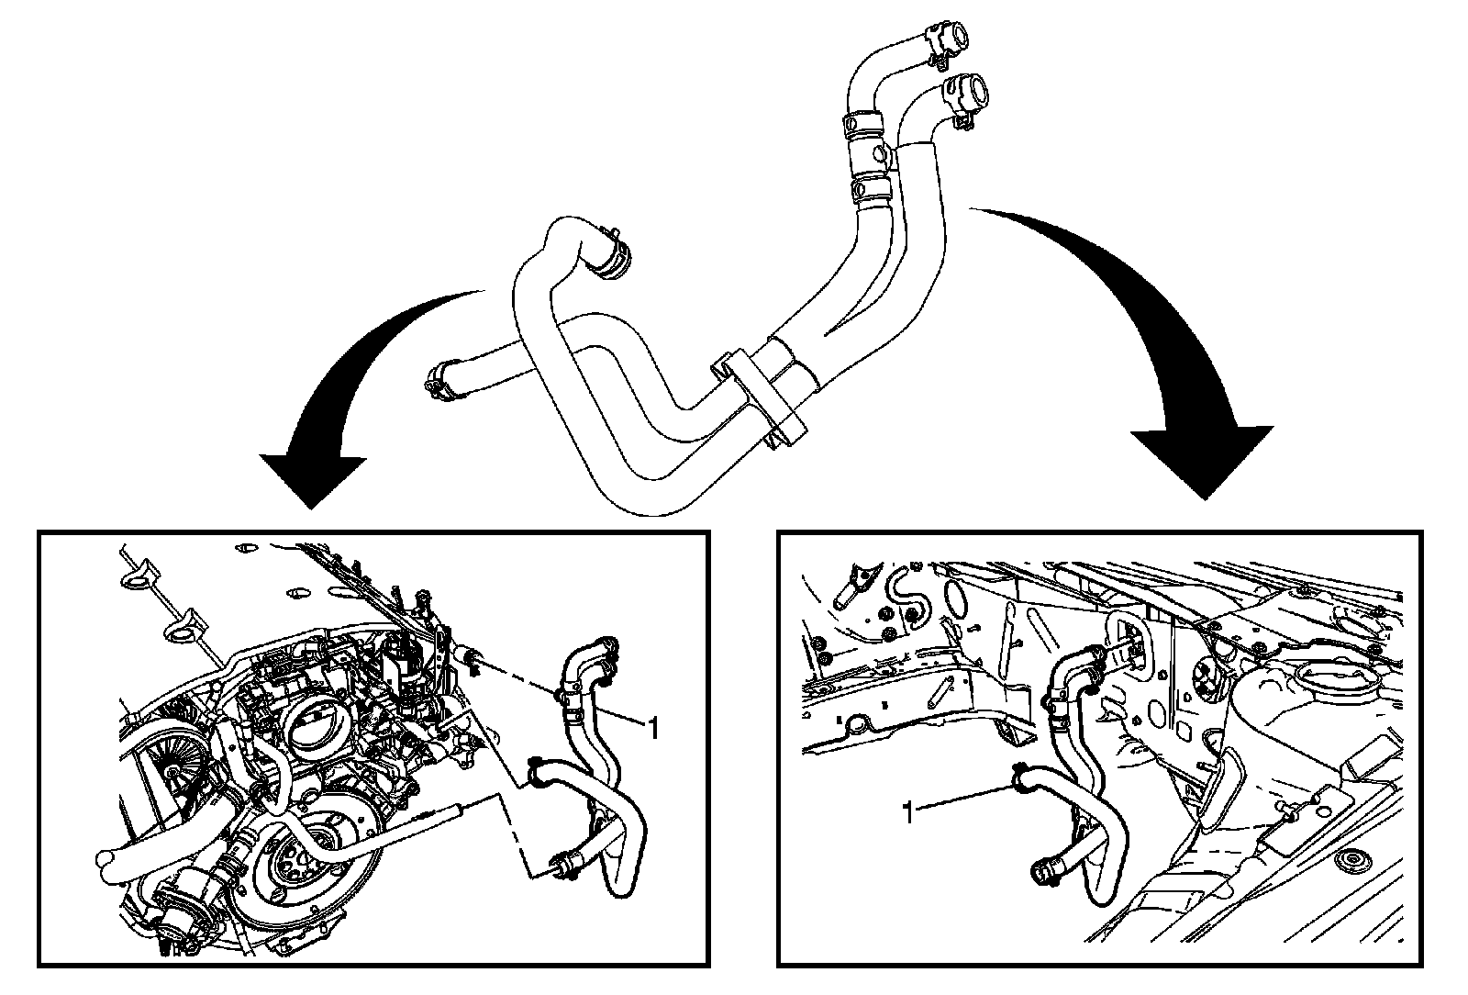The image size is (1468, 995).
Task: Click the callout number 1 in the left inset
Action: click(653, 729)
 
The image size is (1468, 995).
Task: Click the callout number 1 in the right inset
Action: click(908, 812)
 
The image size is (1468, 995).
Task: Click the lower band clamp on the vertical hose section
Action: click(872, 188)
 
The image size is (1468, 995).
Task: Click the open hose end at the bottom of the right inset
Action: click(1046, 872)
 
